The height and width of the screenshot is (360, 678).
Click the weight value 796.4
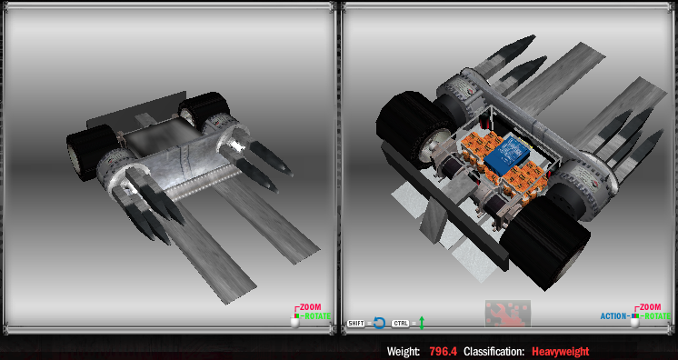pos(444,351)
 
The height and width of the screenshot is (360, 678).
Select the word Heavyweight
pos(561,351)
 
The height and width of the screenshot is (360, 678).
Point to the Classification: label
pos(494,351)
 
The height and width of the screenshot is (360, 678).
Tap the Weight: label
pos(403,351)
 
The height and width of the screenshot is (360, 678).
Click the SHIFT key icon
pos(356,324)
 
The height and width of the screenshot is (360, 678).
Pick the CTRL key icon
pos(401,324)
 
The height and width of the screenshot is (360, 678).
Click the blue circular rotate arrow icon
pos(379,323)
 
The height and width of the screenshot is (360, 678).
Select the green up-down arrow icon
pos(422,323)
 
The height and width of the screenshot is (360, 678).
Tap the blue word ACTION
pos(613,316)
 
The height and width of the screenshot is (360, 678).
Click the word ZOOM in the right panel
pos(650,307)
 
